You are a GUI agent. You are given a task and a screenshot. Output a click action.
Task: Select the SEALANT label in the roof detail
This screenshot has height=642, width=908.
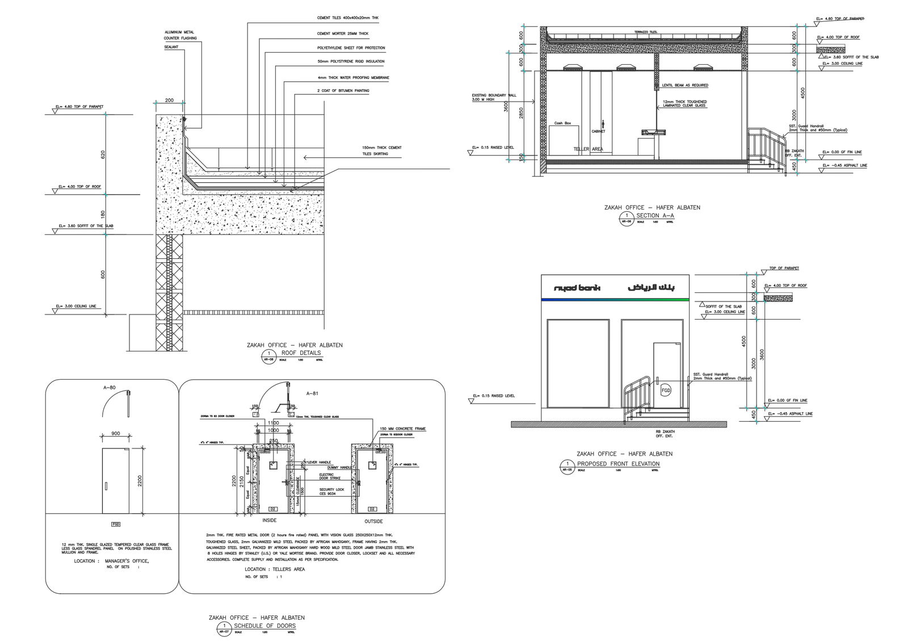click(x=171, y=47)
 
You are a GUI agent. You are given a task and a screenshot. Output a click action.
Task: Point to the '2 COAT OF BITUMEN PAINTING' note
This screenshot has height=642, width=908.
click(x=343, y=91)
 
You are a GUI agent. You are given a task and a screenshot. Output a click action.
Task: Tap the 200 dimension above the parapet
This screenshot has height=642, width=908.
click(x=169, y=100)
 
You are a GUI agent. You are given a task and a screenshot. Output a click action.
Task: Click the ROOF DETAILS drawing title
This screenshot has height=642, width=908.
click(x=301, y=353)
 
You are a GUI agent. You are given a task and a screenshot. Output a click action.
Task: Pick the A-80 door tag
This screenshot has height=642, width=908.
click(x=110, y=388)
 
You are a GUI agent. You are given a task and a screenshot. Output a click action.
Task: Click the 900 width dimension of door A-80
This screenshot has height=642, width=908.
click(x=116, y=434)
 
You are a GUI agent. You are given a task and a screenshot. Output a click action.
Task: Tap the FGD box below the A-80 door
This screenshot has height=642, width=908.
click(x=116, y=524)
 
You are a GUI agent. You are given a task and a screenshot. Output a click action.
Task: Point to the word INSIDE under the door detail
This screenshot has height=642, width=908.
click(x=270, y=521)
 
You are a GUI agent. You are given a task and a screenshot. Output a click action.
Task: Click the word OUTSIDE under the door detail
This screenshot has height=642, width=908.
click(x=373, y=521)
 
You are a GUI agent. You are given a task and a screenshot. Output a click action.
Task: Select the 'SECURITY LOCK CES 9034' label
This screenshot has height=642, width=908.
click(x=331, y=492)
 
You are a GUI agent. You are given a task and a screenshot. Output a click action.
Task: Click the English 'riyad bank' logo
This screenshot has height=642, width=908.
click(x=577, y=288)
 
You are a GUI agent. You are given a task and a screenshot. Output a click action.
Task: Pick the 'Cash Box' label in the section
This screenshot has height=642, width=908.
click(x=563, y=123)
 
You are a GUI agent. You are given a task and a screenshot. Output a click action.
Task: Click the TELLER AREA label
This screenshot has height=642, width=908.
click(x=588, y=149)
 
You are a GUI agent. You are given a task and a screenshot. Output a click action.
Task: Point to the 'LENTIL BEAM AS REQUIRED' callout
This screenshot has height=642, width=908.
click(x=685, y=85)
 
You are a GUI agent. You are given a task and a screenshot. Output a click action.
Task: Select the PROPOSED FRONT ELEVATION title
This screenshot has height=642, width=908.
click(x=618, y=464)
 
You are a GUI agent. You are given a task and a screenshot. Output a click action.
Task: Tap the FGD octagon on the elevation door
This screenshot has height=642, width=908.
click(x=666, y=391)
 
